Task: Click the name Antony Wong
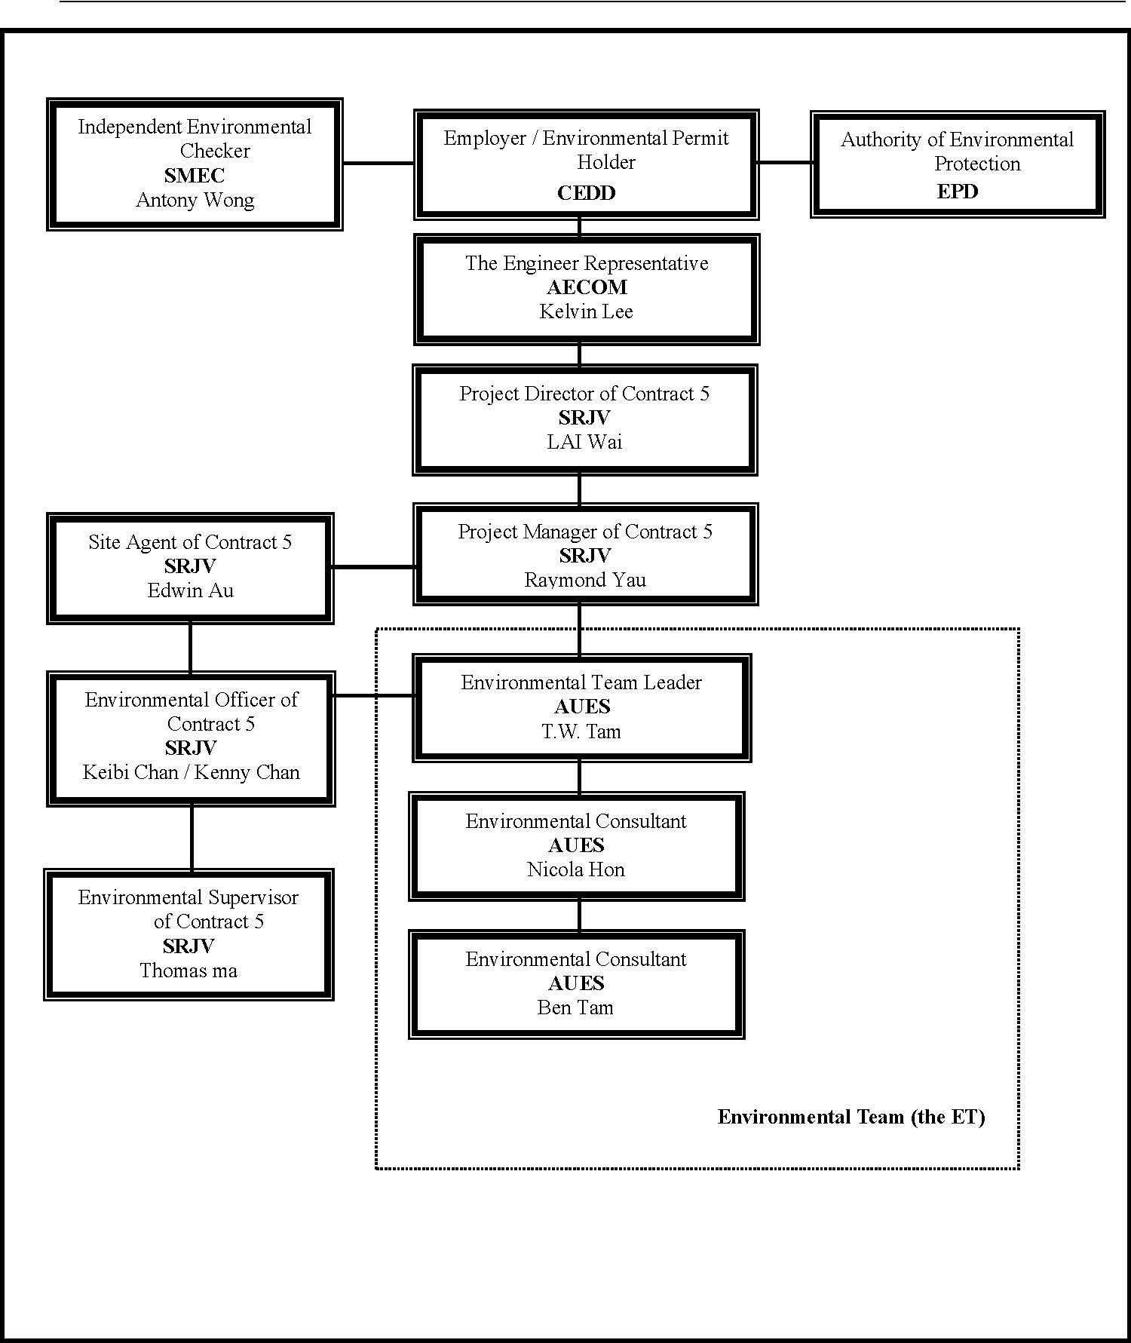195,201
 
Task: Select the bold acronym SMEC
195,176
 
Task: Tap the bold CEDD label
587,193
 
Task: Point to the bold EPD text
958,192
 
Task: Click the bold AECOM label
587,287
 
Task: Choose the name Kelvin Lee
587,311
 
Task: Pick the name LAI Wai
584,442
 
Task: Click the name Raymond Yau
585,580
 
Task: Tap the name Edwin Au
191,590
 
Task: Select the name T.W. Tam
581,731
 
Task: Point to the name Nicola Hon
576,869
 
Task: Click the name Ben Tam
575,1007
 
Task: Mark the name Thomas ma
188,970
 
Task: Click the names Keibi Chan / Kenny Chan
192,772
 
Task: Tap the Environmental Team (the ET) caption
851,1117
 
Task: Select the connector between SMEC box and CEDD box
379,163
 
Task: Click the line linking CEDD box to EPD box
785,162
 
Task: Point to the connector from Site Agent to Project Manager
374,567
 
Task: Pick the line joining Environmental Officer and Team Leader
374,696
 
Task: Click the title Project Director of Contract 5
584,394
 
